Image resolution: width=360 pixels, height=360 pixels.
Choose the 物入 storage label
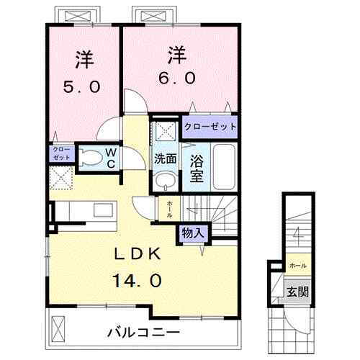point(192,233)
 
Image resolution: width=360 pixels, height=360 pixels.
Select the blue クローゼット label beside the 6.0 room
point(210,126)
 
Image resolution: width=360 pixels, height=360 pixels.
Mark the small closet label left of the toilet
point(60,152)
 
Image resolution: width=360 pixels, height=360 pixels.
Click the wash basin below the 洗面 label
point(164,178)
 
